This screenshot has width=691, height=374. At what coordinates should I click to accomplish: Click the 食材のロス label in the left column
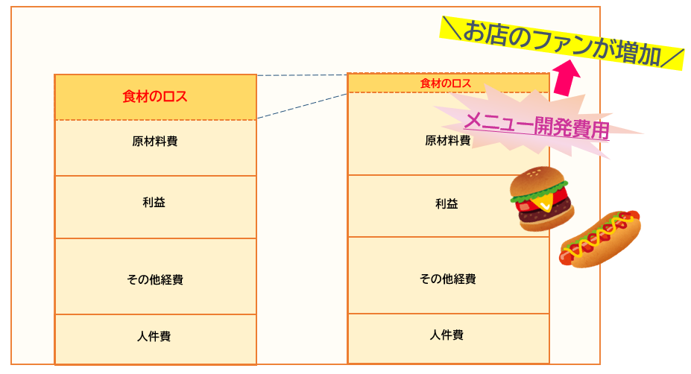click(x=155, y=97)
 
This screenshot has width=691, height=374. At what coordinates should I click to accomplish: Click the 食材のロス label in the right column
click(x=446, y=83)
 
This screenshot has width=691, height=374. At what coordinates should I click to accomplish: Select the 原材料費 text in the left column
click(x=155, y=141)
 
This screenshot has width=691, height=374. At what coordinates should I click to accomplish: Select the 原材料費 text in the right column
click(x=447, y=140)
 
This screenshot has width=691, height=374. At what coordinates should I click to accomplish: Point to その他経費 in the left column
click(x=155, y=280)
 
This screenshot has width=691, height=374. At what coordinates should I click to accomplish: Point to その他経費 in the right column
click(x=447, y=279)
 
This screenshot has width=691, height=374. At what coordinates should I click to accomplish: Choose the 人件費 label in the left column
click(x=154, y=336)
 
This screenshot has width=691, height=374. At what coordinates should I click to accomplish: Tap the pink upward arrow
click(x=567, y=78)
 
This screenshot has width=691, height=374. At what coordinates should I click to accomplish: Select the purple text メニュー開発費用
click(x=537, y=125)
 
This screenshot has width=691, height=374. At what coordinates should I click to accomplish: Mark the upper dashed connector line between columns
click(x=302, y=75)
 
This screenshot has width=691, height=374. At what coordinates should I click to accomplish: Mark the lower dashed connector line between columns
click(x=302, y=106)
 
